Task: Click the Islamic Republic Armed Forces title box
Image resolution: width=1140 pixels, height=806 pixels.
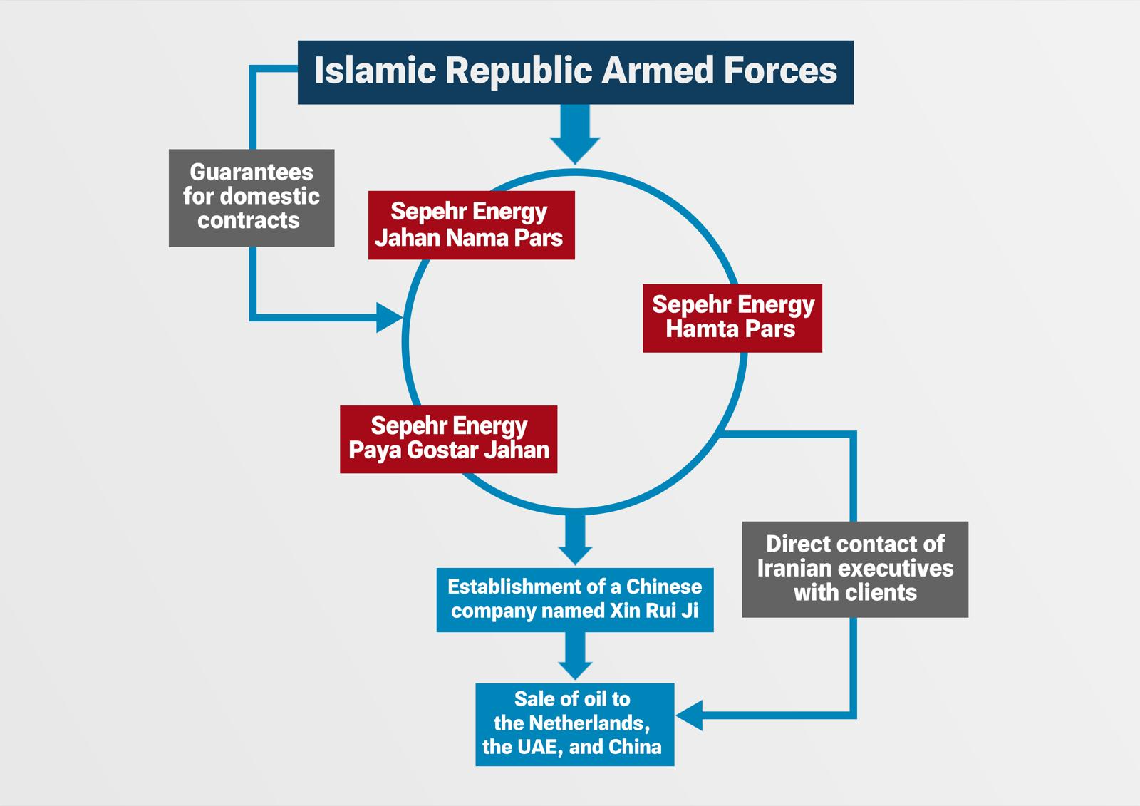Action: [575, 72]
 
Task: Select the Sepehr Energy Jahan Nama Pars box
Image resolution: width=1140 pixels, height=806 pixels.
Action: [471, 224]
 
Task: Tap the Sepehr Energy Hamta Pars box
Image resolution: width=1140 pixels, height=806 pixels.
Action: [732, 317]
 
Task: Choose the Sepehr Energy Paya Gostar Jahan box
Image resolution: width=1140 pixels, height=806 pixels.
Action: [448, 439]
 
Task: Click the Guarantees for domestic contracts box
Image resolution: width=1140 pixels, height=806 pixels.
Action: [252, 197]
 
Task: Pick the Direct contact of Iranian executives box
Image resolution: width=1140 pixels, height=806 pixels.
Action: [854, 569]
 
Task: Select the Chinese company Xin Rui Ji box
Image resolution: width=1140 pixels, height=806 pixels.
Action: [574, 599]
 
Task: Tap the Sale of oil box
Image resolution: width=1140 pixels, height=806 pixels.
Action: [574, 724]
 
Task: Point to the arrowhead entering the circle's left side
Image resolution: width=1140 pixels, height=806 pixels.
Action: [388, 317]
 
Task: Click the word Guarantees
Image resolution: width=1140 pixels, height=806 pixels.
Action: [252, 172]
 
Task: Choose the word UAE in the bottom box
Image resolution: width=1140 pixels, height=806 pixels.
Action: [533, 748]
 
